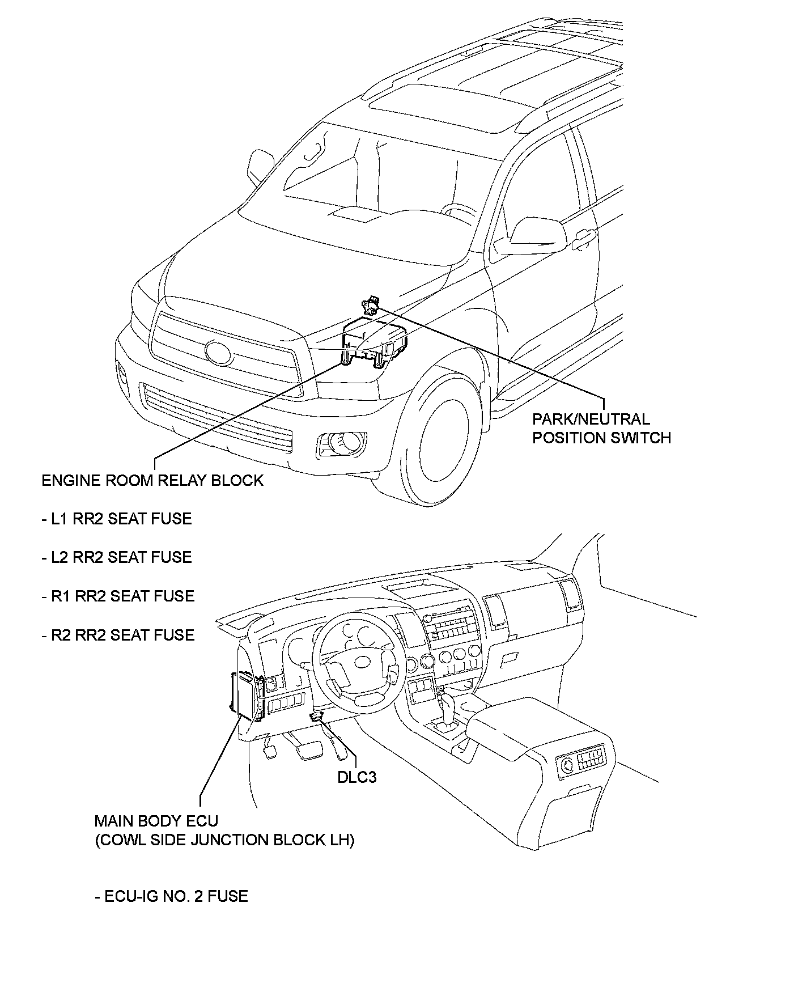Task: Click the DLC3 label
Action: pos(356,777)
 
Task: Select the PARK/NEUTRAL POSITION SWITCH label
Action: pos(601,429)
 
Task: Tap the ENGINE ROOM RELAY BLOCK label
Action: pos(152,481)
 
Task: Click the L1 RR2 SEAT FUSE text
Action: pos(117,519)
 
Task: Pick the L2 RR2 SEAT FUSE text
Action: pos(117,557)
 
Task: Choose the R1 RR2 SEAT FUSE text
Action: pos(118,596)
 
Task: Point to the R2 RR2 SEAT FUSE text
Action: pos(118,635)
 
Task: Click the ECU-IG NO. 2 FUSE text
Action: pos(171,896)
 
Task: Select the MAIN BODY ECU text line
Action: pos(156,821)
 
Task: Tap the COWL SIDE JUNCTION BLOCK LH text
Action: pos(224,840)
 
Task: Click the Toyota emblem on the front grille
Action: pos(219,353)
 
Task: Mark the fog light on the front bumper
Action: pos(342,442)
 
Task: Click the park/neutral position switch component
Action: pos(371,306)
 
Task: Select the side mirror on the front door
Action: pos(530,237)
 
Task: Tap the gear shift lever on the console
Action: pos(448,706)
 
